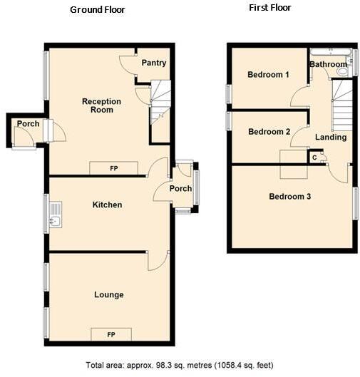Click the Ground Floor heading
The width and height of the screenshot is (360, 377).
pos(98,10)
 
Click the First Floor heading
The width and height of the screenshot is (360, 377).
pos(269,8)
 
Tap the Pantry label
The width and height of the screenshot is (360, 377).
pos(153,63)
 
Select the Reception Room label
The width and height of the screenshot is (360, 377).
pos(101,105)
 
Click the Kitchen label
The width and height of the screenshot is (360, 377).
pos(108,205)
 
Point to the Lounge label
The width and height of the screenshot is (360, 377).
pos(108,294)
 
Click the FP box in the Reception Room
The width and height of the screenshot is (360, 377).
pos(113,168)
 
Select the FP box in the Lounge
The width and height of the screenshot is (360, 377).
pos(111,334)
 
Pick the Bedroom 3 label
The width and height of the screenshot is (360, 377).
pos(289,196)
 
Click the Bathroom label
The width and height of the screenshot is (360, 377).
pos(327,65)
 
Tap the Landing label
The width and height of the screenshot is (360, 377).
pos(330,137)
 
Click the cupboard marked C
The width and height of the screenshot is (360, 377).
pos(314,157)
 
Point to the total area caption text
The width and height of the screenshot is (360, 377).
pos(179,365)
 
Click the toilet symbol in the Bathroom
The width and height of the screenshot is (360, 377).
pos(343,71)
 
